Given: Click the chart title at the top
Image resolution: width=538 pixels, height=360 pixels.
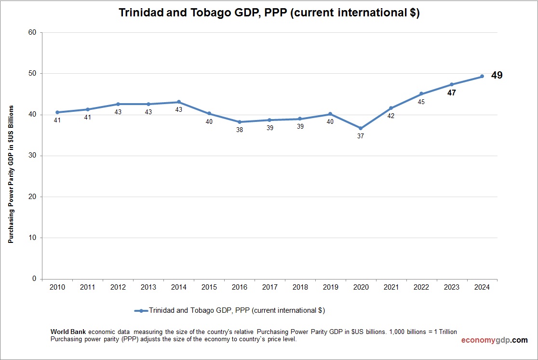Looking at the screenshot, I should [x=269, y=13].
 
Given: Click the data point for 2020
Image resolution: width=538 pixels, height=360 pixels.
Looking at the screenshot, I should [x=361, y=128].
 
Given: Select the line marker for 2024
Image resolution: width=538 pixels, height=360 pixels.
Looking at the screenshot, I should [x=482, y=76].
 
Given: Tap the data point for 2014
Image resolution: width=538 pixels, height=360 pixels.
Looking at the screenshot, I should [x=178, y=102].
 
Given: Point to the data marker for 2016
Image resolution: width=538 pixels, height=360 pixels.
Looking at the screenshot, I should [x=239, y=122].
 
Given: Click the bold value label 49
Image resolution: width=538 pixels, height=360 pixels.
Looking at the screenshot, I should [x=497, y=76].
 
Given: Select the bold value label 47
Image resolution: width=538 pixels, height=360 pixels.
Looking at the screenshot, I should [x=451, y=93].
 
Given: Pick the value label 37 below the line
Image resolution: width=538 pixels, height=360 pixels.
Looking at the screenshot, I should [x=361, y=136].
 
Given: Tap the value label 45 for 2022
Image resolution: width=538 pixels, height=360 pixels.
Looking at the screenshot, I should [x=421, y=102].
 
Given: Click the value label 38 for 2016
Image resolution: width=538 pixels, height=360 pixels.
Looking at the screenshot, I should [x=239, y=130].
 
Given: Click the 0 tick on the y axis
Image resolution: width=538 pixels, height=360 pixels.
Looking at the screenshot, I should [x=34, y=279].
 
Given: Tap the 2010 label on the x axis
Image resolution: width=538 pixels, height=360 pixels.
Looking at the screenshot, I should [x=57, y=288].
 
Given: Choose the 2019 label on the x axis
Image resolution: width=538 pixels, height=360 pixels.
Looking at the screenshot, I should [x=330, y=288].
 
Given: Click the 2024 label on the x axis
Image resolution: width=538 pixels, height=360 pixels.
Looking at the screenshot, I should [x=482, y=288].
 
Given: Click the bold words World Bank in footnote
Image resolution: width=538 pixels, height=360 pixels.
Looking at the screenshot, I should [x=68, y=332].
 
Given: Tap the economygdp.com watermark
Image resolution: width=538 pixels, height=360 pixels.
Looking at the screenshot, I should [x=494, y=340].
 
